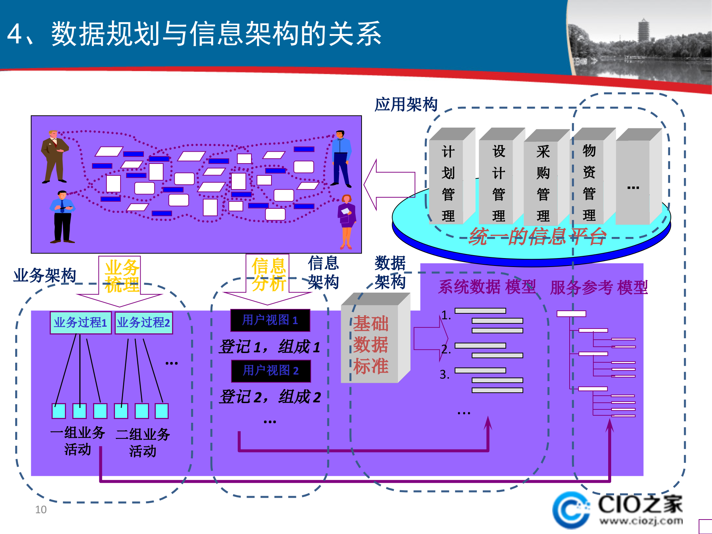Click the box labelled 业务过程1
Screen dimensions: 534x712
click(x=80, y=323)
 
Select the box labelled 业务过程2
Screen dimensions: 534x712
click(x=144, y=323)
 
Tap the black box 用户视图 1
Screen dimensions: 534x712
click(x=270, y=320)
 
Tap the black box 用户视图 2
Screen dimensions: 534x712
click(x=271, y=370)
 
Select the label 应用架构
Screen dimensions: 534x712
click(x=406, y=104)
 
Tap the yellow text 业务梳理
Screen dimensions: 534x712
click(x=122, y=276)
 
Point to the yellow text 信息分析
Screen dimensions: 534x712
click(x=268, y=274)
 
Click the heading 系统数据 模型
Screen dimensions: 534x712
click(x=487, y=287)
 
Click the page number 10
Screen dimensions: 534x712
click(x=41, y=510)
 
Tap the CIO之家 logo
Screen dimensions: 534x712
click(x=617, y=510)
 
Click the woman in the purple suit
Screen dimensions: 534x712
click(x=346, y=221)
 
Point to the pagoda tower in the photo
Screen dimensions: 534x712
click(x=643, y=32)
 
